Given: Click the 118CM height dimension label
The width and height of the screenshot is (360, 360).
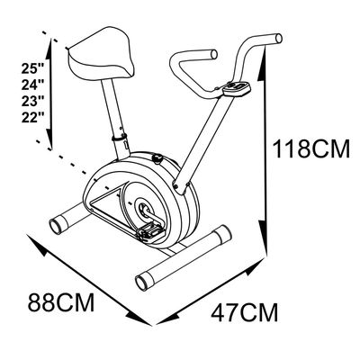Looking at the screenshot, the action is point(310,148).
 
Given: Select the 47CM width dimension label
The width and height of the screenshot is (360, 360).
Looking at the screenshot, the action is point(245,312).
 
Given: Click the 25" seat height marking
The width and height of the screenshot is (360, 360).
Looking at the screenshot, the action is point(32,68).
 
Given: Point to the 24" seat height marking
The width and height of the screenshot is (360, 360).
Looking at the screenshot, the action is point(32,85).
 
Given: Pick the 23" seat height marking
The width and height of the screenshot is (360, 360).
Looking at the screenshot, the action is point(32,101).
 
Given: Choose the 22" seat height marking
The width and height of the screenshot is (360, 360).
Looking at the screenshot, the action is point(32,117).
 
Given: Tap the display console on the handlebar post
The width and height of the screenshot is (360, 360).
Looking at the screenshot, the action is point(236,89).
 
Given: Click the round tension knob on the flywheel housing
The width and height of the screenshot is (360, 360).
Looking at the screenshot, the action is point(157,158).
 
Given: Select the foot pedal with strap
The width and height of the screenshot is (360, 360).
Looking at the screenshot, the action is point(151,231).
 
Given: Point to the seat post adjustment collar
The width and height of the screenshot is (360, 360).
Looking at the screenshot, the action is point(119,138).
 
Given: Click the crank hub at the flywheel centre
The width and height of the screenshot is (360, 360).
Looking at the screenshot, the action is point(143,208).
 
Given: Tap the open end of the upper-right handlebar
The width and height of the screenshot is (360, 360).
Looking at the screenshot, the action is point(279,39).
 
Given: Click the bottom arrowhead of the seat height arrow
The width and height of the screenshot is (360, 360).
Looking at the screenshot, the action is point(49,138).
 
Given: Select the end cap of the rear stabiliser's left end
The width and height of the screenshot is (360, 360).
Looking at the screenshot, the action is point(56,227).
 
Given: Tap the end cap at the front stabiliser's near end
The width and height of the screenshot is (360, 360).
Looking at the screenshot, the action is point(141,282).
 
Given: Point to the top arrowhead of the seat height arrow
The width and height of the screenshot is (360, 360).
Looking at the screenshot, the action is point(49,50).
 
